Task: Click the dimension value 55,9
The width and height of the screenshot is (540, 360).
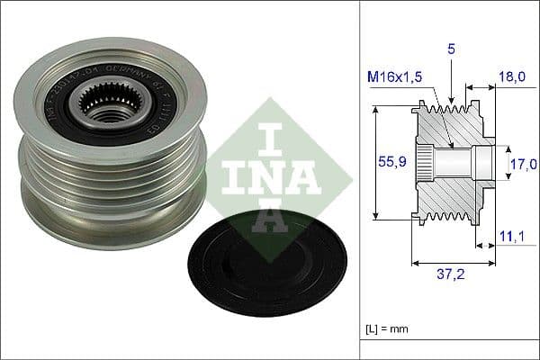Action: click(x=390, y=163)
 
